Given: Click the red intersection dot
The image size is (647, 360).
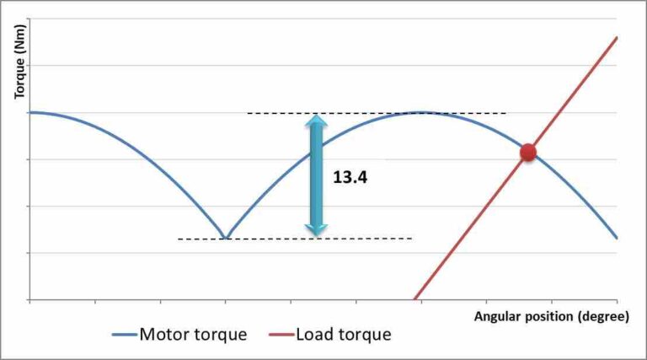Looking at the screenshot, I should click(x=527, y=152).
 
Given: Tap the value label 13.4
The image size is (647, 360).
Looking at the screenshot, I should click(x=350, y=179).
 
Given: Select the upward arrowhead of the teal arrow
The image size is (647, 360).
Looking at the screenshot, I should click(x=316, y=123).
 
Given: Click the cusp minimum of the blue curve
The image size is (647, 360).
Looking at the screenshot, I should click(x=225, y=238).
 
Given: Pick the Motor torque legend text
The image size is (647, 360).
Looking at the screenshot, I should click(x=193, y=334).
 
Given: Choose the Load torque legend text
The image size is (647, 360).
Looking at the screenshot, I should click(x=344, y=334).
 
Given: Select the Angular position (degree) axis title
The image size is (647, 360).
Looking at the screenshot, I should click(x=551, y=317).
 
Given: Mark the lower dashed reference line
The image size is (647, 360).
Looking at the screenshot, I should click(x=295, y=239).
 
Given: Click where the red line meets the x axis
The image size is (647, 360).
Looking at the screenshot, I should click(x=414, y=299).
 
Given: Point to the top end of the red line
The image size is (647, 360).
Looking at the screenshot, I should click(x=617, y=38).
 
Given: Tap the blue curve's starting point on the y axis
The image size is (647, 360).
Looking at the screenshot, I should click(x=29, y=112).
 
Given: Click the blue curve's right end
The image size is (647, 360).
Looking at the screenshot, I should click(x=617, y=238).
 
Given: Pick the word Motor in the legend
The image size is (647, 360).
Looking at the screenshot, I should click(x=165, y=334).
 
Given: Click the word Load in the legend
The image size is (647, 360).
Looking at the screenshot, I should click(x=314, y=334).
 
